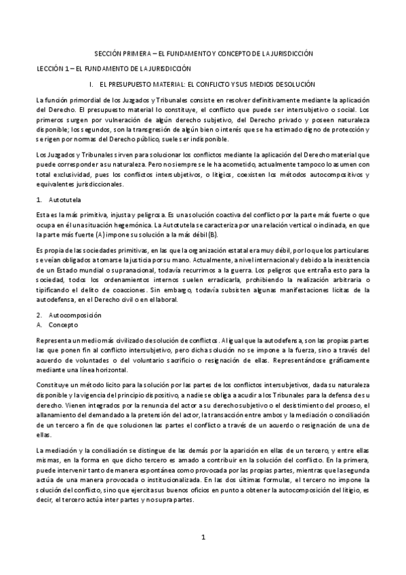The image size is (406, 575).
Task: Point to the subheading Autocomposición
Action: click(x=75, y=315)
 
